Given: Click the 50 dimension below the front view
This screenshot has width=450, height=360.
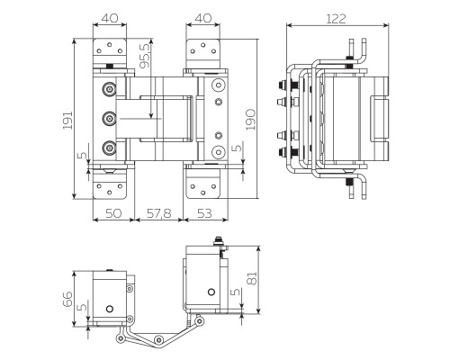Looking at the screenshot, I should point(114,214).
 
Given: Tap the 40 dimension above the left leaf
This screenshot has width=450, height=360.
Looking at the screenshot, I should point(111,16).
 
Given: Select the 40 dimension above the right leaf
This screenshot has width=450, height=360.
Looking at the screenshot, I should point(203,16).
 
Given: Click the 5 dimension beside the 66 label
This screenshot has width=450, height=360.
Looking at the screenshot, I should point(84,310).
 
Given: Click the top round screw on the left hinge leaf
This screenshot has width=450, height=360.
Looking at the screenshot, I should point(110,89).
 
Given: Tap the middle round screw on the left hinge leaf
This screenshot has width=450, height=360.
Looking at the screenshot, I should point(110,118).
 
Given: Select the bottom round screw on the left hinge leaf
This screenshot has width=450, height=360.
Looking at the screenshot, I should point(110,148).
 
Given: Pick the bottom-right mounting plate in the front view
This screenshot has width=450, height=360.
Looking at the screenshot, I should point(203,186).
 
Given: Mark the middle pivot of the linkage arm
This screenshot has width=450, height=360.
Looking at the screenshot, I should point(158,337).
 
